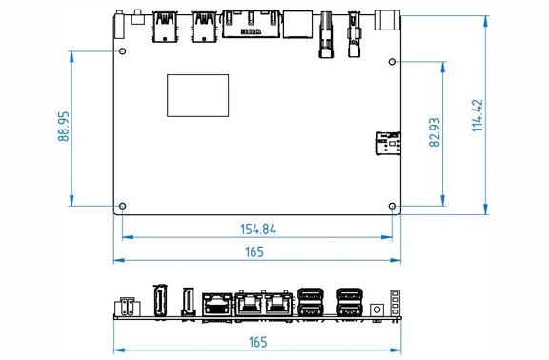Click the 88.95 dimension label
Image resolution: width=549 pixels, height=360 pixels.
(64, 127)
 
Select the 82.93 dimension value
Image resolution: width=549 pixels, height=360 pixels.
(435, 132)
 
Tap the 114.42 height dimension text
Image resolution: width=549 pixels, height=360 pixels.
(478, 115)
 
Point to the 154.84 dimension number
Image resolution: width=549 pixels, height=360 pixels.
(258, 230)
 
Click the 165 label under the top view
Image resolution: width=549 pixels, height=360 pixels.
(254, 251)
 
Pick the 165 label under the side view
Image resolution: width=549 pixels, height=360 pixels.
(257, 342)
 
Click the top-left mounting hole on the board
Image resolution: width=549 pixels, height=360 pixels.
(123, 51)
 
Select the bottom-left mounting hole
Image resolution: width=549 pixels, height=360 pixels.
(123, 206)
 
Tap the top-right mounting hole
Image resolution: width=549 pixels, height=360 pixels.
(392, 62)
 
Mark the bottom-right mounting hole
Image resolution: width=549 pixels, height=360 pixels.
(392, 206)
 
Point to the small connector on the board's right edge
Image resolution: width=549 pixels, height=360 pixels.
(388, 143)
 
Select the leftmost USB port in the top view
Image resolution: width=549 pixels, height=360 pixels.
(165, 27)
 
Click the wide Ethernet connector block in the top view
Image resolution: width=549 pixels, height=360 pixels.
(251, 24)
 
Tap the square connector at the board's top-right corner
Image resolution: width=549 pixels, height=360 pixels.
(387, 20)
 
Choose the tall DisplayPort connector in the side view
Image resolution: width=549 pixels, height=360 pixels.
(160, 301)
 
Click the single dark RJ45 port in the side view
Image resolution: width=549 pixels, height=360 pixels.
(217, 304)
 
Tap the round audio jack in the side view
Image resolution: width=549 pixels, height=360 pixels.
(376, 310)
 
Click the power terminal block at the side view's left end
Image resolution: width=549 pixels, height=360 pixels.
(128, 307)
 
